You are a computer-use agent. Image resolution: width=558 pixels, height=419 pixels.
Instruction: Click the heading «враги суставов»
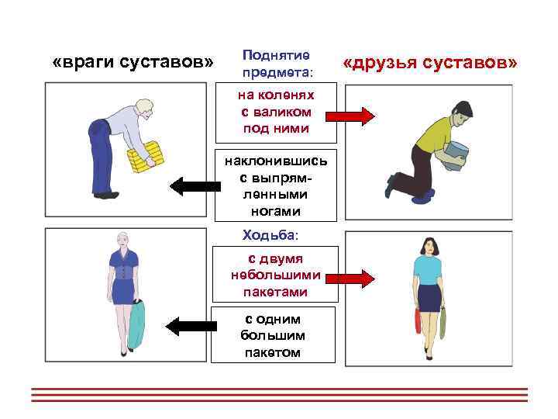(133, 61)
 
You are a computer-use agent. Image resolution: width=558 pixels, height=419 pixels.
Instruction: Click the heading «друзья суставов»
(431, 61)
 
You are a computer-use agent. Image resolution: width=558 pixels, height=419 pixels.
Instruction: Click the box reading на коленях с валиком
(276, 112)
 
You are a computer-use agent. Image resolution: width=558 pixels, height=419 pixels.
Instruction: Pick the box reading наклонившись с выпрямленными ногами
(276, 185)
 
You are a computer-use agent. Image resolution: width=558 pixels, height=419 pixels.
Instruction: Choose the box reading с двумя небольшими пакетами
(276, 275)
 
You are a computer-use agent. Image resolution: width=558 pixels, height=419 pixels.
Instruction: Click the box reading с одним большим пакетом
(276, 335)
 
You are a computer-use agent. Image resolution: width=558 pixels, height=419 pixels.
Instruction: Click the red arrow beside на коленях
(350, 117)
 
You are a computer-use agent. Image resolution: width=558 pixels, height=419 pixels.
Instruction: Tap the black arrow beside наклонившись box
(194, 185)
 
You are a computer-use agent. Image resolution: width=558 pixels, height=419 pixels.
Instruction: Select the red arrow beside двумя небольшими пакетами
(350, 276)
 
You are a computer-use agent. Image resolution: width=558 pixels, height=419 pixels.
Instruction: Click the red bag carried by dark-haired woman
(418, 320)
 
